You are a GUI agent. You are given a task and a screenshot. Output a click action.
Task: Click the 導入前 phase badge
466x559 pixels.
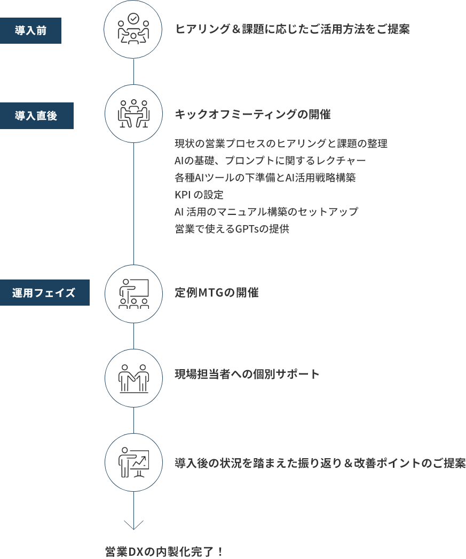pyautogui.click(x=30, y=30)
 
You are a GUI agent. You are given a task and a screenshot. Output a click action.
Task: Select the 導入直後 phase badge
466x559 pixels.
pyautogui.click(x=36, y=116)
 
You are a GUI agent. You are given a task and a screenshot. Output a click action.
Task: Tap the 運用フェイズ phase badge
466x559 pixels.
pyautogui.click(x=44, y=293)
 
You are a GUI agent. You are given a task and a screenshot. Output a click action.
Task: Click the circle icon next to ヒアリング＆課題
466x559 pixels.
pyautogui.click(x=133, y=30)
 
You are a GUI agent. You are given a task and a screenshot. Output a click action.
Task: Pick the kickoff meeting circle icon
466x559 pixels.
pyautogui.click(x=133, y=114)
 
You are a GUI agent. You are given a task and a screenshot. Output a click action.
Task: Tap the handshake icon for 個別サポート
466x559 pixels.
pyautogui.click(x=133, y=378)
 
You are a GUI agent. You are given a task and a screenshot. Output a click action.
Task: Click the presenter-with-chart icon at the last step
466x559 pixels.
pyautogui.click(x=133, y=462)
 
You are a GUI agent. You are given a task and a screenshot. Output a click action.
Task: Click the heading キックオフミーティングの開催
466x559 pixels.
pyautogui.click(x=253, y=115)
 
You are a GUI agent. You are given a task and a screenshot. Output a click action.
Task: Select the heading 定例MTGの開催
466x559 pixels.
pyautogui.click(x=217, y=293)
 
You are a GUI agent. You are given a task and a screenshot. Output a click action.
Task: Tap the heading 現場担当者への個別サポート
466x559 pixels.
pyautogui.click(x=248, y=374)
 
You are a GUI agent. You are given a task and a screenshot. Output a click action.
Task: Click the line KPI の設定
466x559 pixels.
pyautogui.click(x=199, y=195)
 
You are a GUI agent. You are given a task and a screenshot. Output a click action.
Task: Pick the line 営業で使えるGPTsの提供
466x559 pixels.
pyautogui.click(x=232, y=229)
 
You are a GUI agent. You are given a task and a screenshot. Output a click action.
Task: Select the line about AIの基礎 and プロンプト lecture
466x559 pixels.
pyautogui.click(x=271, y=161)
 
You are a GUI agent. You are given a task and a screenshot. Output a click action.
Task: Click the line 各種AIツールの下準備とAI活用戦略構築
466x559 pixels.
pyautogui.click(x=265, y=178)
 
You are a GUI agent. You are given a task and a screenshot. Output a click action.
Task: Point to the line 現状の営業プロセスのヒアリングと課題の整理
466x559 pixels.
pyautogui.click(x=281, y=143)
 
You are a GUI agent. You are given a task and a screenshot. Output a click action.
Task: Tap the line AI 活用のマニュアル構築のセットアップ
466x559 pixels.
pyautogui.click(x=266, y=212)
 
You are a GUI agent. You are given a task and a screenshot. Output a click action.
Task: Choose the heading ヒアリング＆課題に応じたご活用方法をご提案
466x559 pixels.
pyautogui.click(x=293, y=29)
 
